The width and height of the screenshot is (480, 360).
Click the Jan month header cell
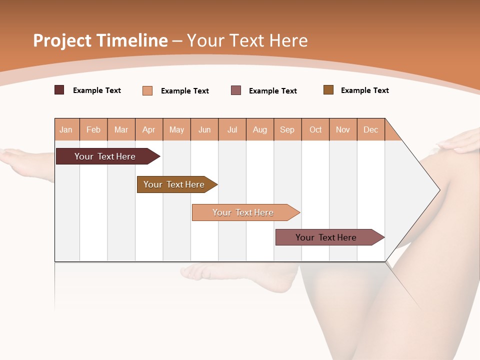[x=66, y=129]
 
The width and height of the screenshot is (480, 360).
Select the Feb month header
[x=93, y=129]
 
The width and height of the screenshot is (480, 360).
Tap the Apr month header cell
[x=149, y=129]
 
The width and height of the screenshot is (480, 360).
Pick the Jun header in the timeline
[x=204, y=129]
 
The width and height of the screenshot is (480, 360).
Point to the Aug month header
[x=260, y=129]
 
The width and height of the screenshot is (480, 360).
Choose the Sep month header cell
[x=287, y=129]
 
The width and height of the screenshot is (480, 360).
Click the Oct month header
[x=315, y=129]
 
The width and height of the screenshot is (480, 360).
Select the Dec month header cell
[x=371, y=129]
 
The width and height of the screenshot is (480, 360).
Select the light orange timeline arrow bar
[x=244, y=212]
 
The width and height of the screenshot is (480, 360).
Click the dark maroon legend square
[x=59, y=90]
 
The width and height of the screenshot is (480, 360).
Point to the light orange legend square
[x=147, y=90]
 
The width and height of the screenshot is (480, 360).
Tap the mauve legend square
[x=236, y=90]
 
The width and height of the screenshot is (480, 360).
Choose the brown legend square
[x=328, y=90]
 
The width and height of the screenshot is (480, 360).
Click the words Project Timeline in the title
[x=100, y=40]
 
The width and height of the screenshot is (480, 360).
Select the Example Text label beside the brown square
[x=364, y=90]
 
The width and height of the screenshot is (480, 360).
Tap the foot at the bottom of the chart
[x=240, y=275]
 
